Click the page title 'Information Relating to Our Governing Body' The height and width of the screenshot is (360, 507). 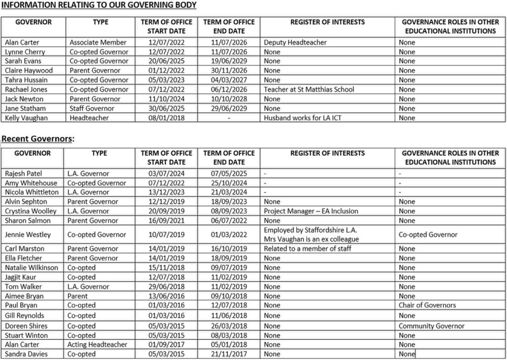coord(99,5)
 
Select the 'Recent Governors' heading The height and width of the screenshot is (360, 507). coord(37,139)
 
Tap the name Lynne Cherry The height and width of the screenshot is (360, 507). coord(25,52)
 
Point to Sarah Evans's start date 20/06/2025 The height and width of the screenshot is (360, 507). coord(166,61)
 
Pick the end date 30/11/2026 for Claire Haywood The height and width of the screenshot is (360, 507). coord(229,70)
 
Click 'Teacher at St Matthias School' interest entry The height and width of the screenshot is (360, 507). coord(309,89)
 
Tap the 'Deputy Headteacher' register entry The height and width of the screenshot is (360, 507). coord(295,42)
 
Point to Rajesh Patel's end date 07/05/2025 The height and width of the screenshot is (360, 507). coord(229,173)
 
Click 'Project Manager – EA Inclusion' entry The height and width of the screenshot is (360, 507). coord(311,211)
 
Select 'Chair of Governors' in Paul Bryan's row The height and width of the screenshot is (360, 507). coord(427,305)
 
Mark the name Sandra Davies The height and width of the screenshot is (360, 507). coord(26,354)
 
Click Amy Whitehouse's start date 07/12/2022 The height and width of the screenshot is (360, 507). coord(166,183)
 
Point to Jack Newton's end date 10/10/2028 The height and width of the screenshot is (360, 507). coord(229,99)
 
